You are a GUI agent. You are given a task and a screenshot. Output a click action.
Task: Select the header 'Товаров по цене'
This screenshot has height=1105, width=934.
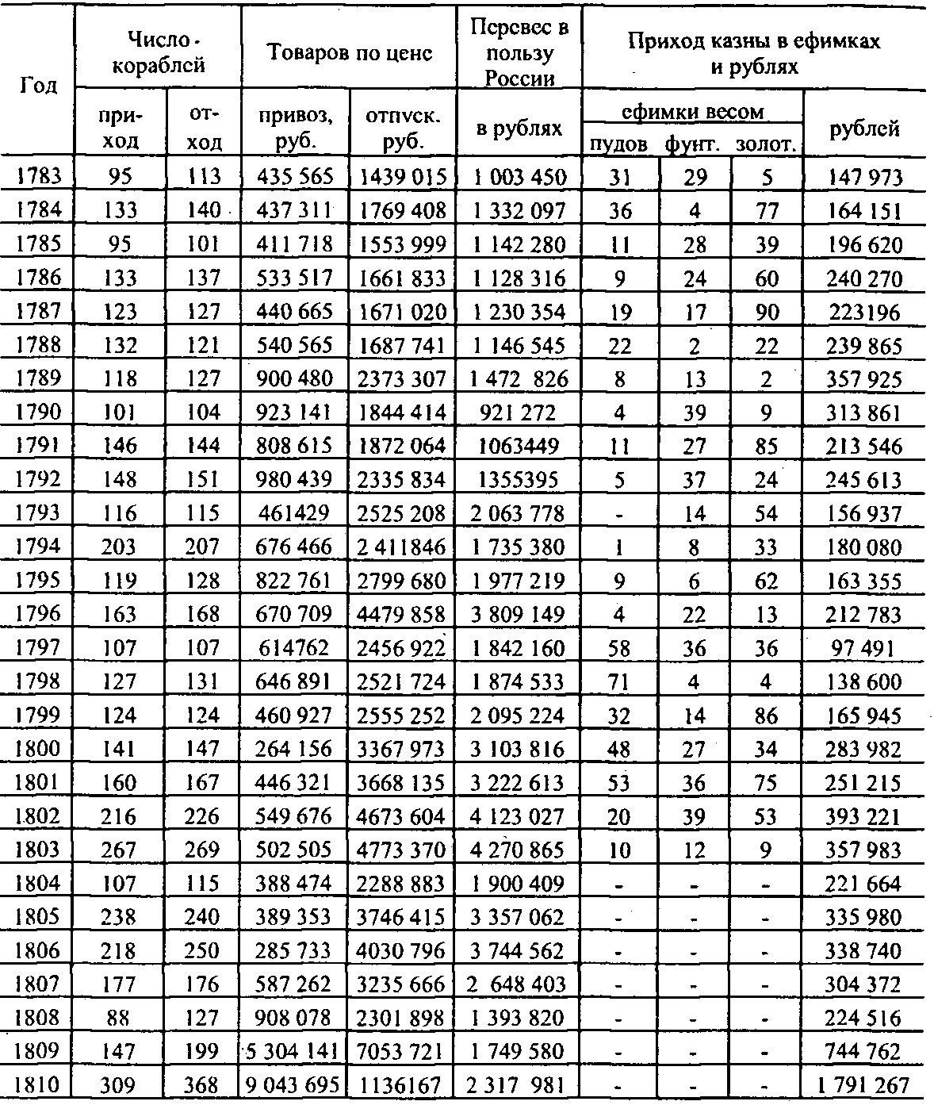[x=349, y=53]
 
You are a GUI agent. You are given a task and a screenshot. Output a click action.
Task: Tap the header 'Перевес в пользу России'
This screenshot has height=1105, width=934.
[x=519, y=52]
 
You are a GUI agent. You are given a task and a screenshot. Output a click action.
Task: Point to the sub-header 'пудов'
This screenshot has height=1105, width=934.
[x=618, y=144]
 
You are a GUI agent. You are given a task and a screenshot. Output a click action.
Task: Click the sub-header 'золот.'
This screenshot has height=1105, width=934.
[x=766, y=144]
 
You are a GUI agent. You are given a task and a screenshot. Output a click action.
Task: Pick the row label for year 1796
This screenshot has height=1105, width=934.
[x=38, y=614]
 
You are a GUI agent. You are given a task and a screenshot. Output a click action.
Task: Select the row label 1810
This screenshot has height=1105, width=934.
[x=38, y=1086]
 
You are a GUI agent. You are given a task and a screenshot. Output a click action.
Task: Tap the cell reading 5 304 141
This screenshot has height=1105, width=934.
[x=293, y=1052]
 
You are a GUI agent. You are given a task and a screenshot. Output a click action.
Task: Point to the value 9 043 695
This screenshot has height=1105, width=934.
[x=293, y=1086]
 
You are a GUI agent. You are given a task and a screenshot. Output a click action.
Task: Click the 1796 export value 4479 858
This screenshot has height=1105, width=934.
[x=403, y=614]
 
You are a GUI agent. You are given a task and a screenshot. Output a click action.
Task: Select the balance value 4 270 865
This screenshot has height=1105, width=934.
[x=519, y=850]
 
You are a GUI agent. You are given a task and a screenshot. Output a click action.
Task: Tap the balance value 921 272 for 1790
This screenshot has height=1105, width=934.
[x=519, y=412]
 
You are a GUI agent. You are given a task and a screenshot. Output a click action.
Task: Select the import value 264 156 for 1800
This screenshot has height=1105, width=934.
[x=293, y=749]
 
